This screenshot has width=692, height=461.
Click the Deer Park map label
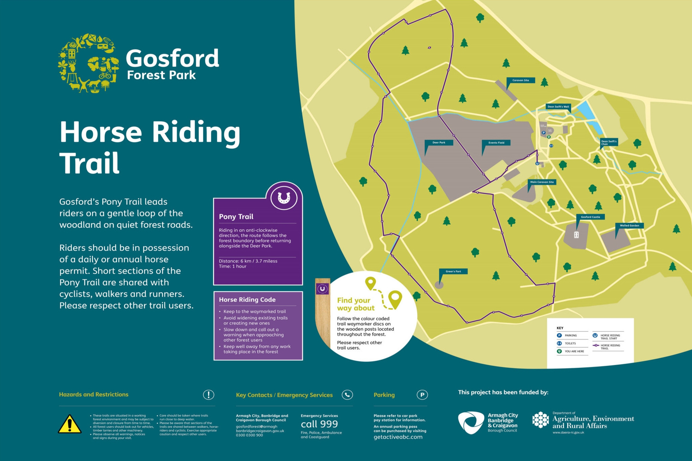439,143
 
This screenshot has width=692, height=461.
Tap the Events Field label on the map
496,143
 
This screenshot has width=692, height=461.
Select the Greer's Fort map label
453,271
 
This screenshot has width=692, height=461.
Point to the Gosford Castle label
590,217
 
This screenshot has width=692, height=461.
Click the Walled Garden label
629,225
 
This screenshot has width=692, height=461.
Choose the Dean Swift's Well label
558,107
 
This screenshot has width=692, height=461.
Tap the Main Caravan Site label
542,182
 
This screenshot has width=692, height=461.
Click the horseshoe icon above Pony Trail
284,198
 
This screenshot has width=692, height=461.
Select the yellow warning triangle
69,424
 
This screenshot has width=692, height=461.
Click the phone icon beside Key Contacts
347,395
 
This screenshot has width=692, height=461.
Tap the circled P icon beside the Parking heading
422,395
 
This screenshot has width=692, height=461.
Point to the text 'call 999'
319,424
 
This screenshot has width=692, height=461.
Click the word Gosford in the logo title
172,58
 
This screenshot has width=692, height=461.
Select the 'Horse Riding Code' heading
247,299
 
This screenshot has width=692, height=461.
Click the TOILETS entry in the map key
570,343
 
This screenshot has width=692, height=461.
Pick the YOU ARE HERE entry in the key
574,351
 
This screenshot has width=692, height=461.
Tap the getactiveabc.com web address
398,437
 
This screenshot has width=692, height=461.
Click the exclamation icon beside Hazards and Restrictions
208,395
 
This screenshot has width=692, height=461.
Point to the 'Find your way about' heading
356,304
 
